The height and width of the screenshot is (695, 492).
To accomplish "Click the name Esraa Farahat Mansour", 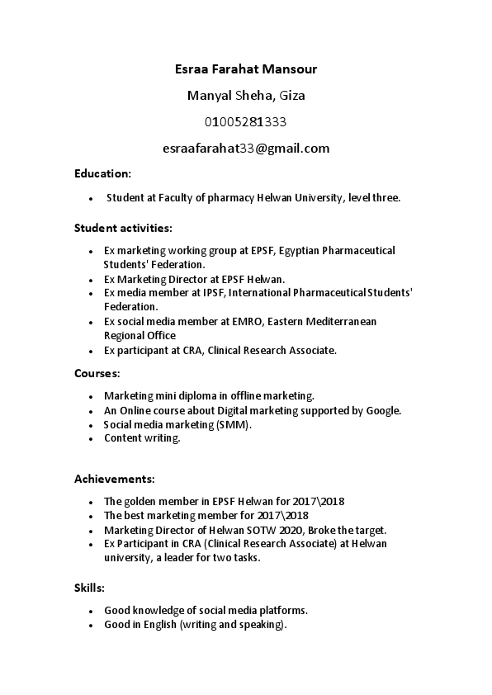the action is (x=246, y=69).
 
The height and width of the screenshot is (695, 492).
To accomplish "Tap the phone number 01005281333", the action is (x=246, y=122).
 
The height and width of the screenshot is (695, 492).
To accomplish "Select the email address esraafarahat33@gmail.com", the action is (x=246, y=149).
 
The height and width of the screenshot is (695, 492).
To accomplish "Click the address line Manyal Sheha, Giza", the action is (x=246, y=96).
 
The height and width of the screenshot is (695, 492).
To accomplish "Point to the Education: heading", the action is (x=102, y=174).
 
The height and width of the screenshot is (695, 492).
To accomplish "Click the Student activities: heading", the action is (x=123, y=227).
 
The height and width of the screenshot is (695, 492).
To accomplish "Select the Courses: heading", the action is (x=97, y=373).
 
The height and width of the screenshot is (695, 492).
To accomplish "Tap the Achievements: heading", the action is (x=114, y=479).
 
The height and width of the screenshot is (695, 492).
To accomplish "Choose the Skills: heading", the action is (x=89, y=588).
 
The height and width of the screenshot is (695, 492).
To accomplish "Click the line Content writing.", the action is (x=142, y=438).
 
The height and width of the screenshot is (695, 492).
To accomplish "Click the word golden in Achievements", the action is (x=141, y=501).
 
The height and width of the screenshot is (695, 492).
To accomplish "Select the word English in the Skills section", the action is (x=158, y=625).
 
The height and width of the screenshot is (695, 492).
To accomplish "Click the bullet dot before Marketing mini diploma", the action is (x=90, y=396).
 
